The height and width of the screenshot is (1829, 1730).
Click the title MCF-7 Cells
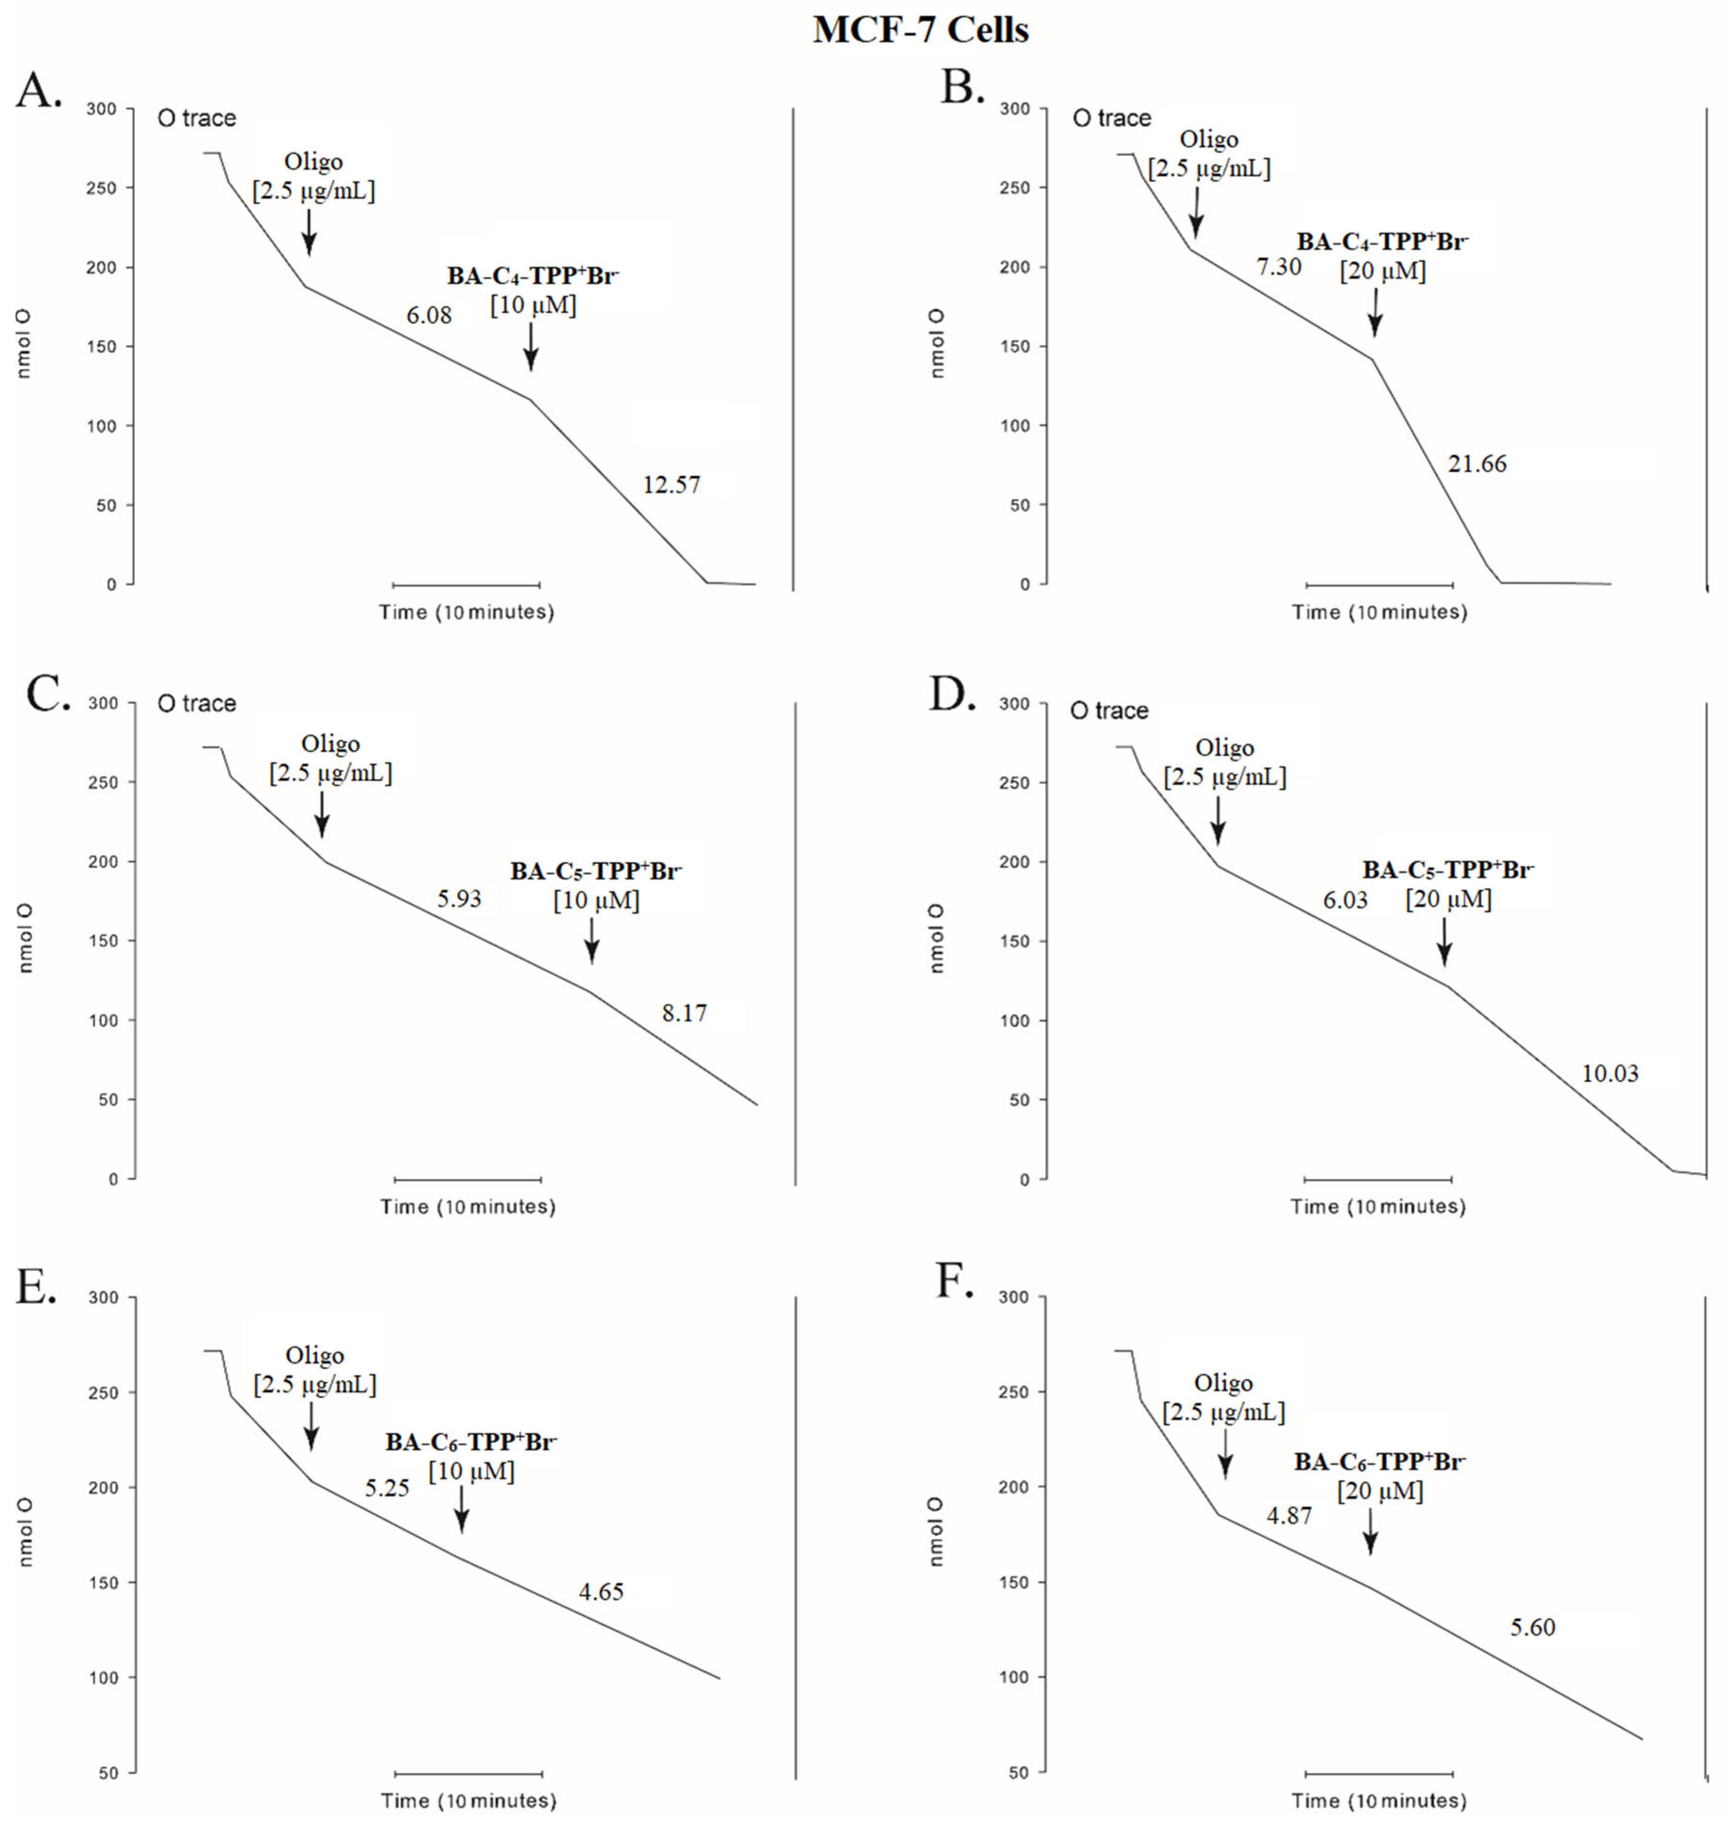point(921,29)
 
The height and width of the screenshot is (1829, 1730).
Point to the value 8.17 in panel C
point(684,1013)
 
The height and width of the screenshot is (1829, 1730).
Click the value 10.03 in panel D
point(1610,1073)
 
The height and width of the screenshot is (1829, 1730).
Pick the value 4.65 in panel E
point(601,1592)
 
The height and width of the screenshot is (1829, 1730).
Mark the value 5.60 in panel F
point(1533,1627)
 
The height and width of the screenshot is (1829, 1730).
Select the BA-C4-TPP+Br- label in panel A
point(533,275)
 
